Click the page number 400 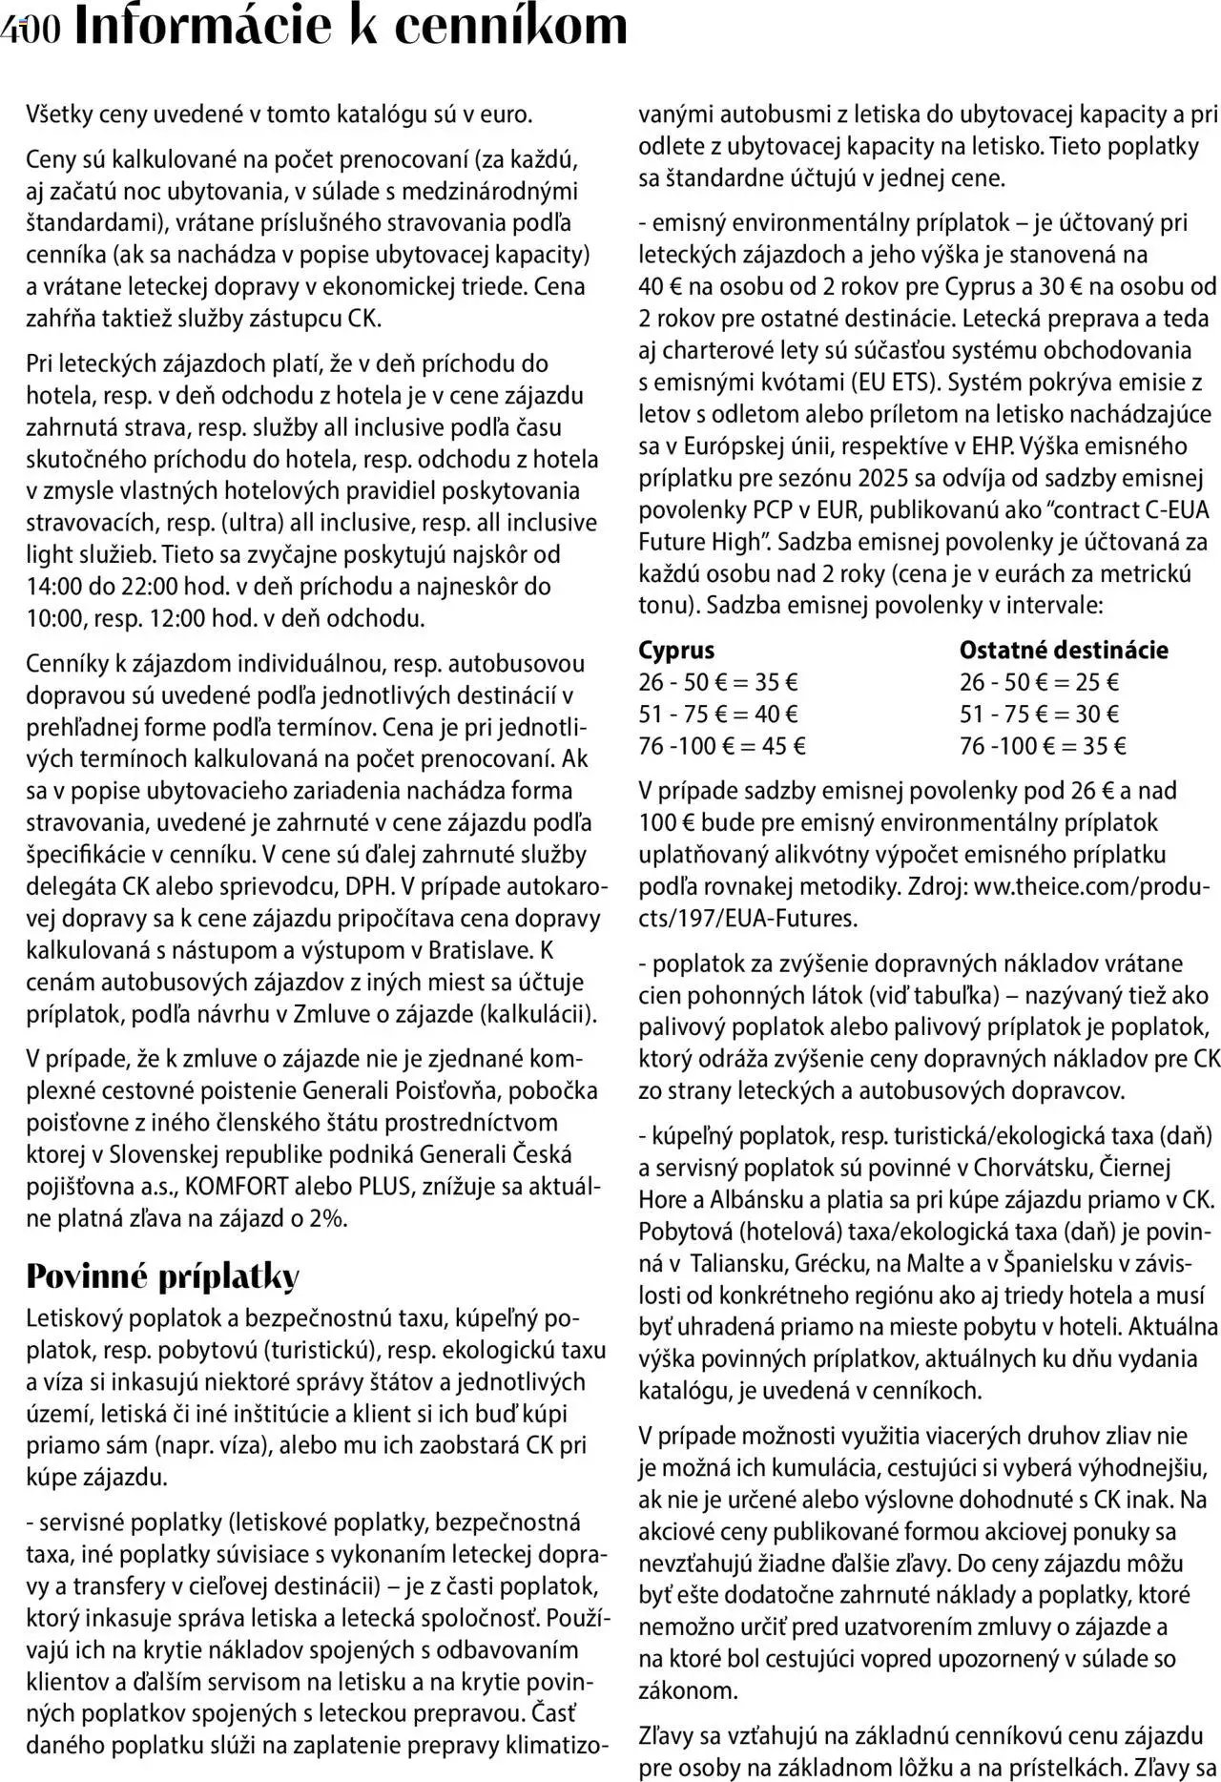click(x=31, y=30)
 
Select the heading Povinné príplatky click(x=162, y=1275)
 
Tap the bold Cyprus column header click(x=676, y=651)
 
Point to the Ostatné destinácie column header click(x=1064, y=651)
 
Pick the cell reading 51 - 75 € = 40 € click(x=718, y=714)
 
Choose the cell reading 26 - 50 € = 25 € click(x=1039, y=682)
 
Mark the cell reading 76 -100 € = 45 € click(x=721, y=746)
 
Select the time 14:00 click(x=54, y=587)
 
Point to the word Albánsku click(x=741, y=1200)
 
